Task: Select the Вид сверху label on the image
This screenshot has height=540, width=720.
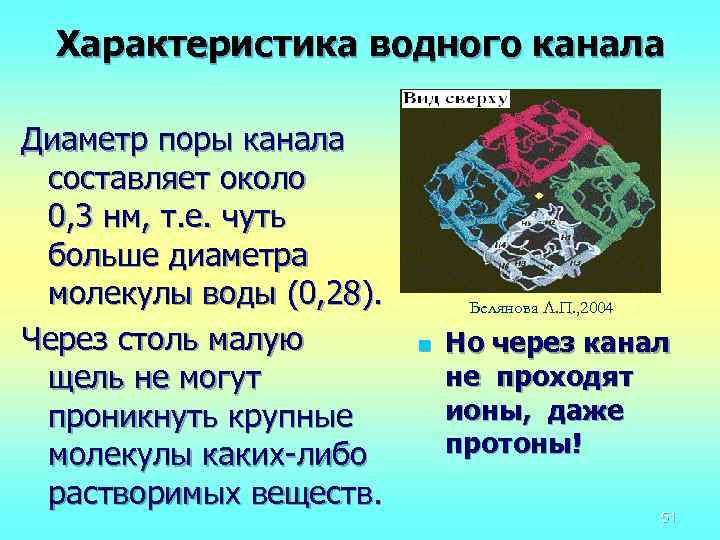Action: [x=456, y=99]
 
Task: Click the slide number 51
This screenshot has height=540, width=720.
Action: [x=669, y=516]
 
